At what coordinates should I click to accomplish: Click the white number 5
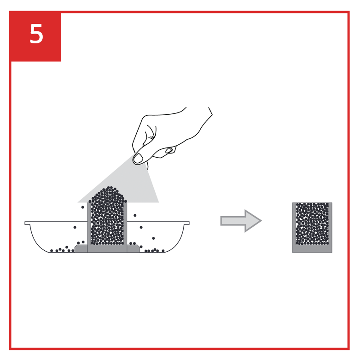tap(36, 34)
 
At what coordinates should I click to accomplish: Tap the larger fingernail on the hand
tap(138, 158)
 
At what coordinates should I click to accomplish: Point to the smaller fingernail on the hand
tap(169, 150)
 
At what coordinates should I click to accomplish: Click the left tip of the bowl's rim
tap(25, 223)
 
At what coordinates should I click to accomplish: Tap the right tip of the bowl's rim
tap(189, 223)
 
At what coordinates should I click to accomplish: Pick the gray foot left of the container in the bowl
tap(81, 249)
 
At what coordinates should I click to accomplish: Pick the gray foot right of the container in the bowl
tap(133, 249)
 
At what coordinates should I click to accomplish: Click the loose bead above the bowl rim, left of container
tap(83, 207)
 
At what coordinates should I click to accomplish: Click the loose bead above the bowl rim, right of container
tap(135, 216)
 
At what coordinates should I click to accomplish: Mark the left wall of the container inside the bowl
tap(89, 224)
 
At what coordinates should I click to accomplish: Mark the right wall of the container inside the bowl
tap(125, 224)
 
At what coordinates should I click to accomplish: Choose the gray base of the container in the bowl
tap(107, 248)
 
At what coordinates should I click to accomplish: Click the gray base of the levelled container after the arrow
tap(312, 249)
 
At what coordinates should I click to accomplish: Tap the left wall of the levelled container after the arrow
tap(294, 224)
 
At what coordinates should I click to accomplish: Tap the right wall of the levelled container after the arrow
tap(331, 224)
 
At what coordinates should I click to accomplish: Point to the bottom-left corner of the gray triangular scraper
tap(78, 202)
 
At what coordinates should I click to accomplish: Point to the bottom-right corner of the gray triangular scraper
tap(158, 202)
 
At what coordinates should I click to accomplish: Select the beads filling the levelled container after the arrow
tap(312, 224)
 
